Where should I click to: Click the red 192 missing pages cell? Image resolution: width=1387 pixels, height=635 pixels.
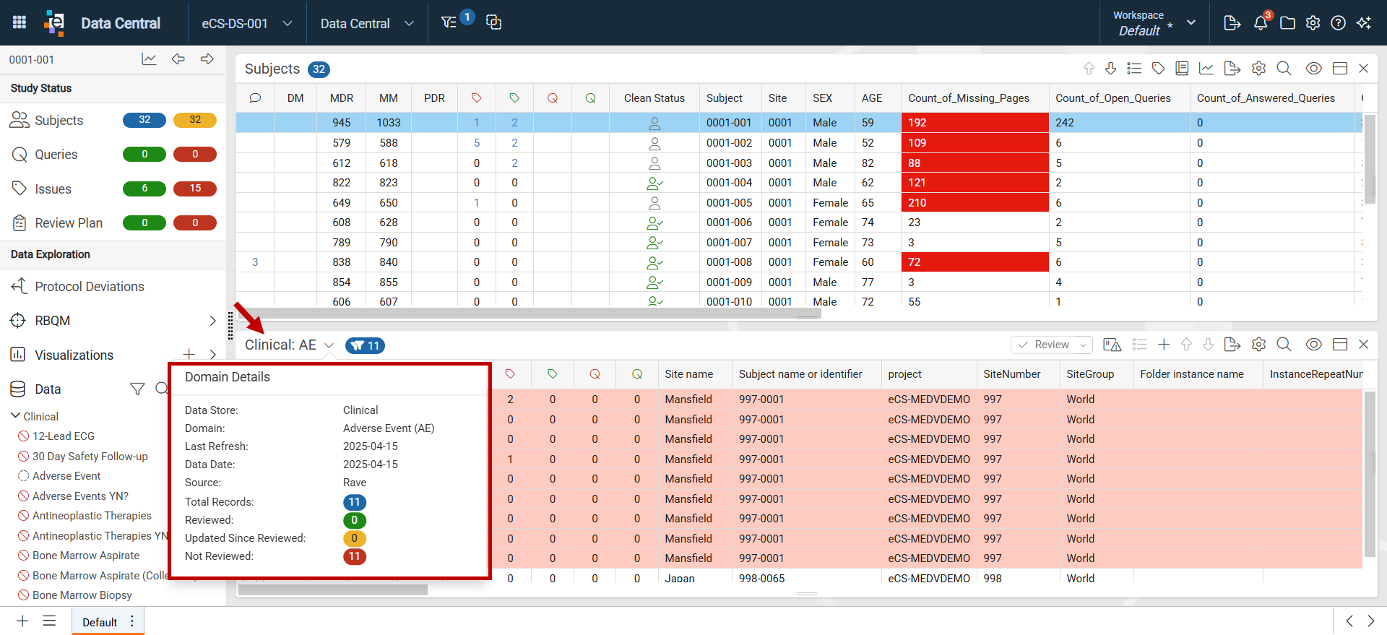click(x=975, y=123)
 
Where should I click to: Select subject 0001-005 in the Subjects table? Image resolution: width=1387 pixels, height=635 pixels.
click(x=729, y=203)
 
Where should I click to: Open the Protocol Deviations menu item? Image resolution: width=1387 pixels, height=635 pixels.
click(x=90, y=287)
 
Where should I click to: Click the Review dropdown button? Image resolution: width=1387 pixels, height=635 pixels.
click(x=1052, y=345)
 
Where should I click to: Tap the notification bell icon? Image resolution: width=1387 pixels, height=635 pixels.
click(x=1261, y=23)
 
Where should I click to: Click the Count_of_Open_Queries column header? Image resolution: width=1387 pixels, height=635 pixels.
click(x=1112, y=98)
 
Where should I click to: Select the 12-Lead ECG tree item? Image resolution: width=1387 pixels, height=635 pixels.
click(x=64, y=436)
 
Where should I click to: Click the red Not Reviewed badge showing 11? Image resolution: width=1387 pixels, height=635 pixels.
click(x=354, y=556)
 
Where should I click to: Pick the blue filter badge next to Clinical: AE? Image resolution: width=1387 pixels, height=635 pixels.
click(x=365, y=346)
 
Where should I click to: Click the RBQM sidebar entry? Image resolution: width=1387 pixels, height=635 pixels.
click(x=52, y=321)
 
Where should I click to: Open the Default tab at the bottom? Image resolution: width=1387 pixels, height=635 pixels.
click(x=100, y=622)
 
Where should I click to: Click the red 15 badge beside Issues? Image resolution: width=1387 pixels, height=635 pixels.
click(x=195, y=189)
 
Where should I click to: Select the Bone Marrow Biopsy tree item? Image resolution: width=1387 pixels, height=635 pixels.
click(x=82, y=595)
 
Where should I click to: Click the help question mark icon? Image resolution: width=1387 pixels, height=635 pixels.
click(x=1338, y=23)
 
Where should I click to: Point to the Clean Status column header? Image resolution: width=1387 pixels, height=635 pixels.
click(x=654, y=98)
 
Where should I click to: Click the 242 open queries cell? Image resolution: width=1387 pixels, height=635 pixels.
click(x=1064, y=123)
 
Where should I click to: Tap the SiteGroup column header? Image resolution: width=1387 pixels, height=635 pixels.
click(x=1090, y=374)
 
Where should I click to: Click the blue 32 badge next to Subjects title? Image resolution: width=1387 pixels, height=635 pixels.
click(x=319, y=69)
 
